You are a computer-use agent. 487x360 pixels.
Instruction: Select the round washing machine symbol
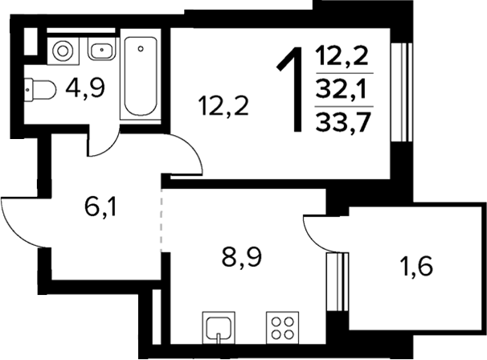[63, 52]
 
